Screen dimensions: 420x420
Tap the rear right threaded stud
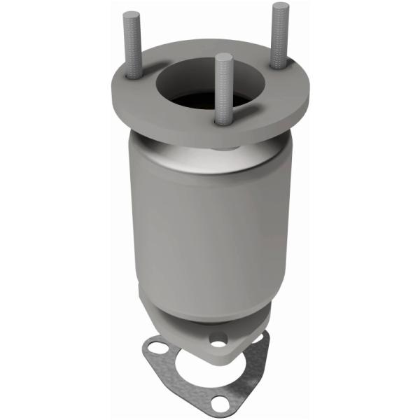click(279, 35)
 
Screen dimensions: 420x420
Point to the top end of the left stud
click(130, 15)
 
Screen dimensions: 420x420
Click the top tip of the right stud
click(279, 6)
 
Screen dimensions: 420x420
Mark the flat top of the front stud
click(223, 57)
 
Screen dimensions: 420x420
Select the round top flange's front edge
click(210, 136)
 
